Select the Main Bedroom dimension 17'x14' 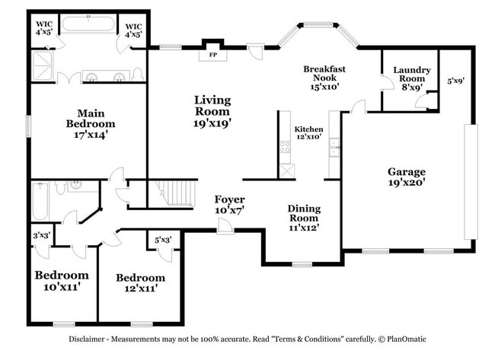point(91,134)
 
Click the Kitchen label point(308,129)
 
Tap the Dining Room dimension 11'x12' point(303,226)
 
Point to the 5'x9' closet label point(455,80)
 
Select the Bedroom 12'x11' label point(140,283)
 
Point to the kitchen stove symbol point(286,147)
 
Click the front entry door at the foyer point(225,227)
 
